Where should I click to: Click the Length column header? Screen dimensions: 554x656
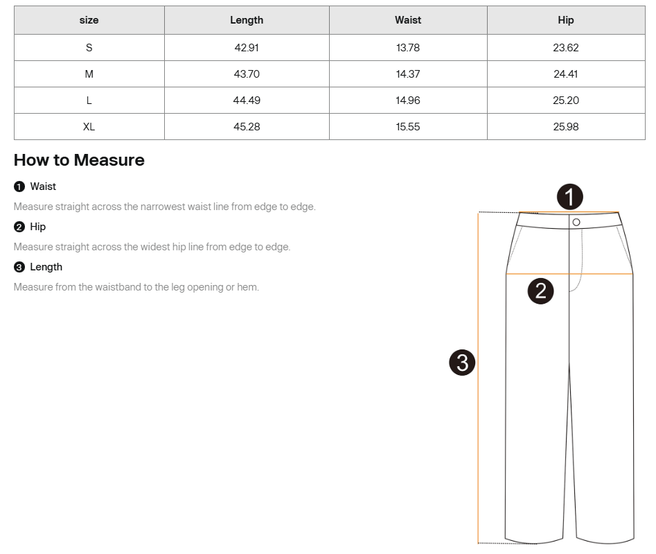[x=247, y=20]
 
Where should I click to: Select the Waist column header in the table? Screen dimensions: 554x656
[x=408, y=20]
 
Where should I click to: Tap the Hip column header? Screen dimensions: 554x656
[x=566, y=20]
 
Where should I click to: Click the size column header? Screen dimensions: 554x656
[x=89, y=20]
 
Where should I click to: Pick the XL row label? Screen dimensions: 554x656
[x=89, y=127]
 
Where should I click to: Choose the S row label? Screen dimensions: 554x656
[x=89, y=48]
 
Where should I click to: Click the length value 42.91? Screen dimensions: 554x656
[x=247, y=48]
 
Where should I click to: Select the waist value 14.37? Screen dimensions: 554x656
[x=408, y=74]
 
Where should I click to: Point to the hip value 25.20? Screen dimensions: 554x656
[x=566, y=101]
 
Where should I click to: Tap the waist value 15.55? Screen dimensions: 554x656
[x=408, y=127]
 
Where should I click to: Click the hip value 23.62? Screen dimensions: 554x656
[x=566, y=48]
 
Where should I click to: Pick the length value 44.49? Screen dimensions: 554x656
[x=247, y=101]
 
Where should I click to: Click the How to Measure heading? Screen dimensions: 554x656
[x=79, y=160]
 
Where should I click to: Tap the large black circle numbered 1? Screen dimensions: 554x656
[x=569, y=198]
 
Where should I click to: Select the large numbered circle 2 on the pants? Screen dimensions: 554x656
[x=541, y=291]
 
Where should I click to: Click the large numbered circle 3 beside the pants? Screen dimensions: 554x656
[x=462, y=362]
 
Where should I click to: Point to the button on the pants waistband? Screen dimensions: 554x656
[x=576, y=222]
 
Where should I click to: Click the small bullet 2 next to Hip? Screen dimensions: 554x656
[x=19, y=227]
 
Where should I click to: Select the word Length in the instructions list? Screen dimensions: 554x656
[x=46, y=267]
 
